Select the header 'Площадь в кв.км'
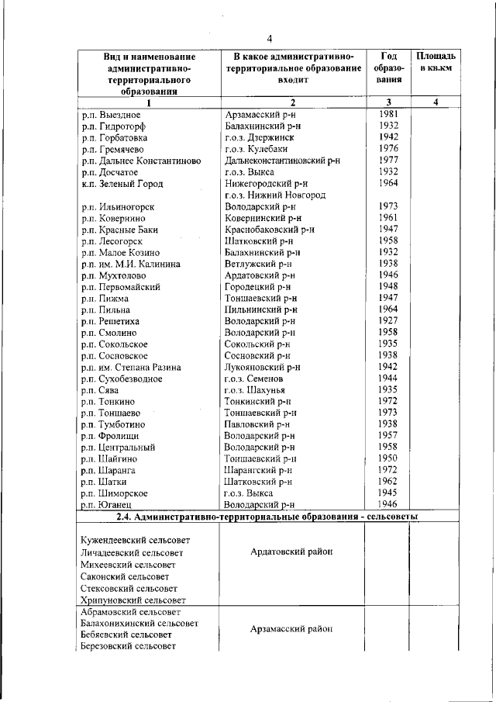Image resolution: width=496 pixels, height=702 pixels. click(436, 62)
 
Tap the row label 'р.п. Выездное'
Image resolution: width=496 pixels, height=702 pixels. click(112, 115)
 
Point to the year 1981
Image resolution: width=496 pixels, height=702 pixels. click(388, 114)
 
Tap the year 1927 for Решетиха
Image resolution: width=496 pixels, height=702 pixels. click(388, 320)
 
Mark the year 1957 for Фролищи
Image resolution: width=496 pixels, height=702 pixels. click(388, 436)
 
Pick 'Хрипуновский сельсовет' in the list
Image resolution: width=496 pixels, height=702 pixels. click(133, 600)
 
